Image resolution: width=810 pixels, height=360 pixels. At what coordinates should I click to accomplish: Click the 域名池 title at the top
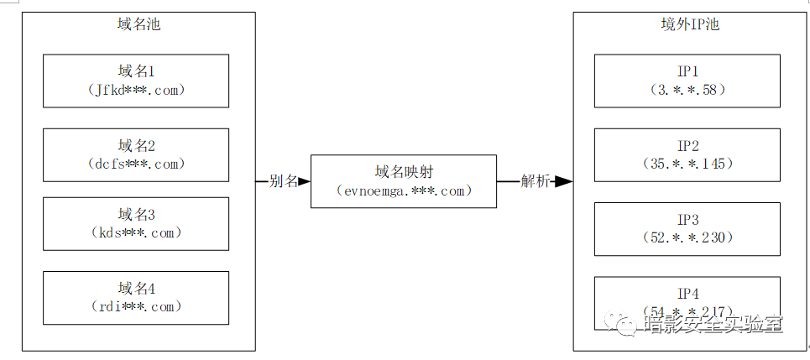point(138,24)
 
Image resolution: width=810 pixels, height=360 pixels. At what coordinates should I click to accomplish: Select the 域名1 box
point(136,81)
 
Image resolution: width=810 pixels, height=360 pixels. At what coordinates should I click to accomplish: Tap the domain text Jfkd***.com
point(136,91)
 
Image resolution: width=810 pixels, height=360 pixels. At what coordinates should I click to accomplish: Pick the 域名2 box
point(136,154)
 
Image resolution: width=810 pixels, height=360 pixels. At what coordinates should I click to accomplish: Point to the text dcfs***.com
point(136,164)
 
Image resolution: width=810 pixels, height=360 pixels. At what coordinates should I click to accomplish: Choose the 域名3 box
point(136,223)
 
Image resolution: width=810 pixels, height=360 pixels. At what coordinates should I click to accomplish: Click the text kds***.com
point(136,232)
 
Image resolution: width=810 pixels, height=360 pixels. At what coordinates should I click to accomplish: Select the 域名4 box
point(136,297)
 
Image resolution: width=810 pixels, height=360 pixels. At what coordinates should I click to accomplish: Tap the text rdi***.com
point(136,307)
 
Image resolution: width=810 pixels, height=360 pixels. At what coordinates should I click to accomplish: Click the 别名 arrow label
point(283,181)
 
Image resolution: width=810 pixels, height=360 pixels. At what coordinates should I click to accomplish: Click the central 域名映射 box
point(403,180)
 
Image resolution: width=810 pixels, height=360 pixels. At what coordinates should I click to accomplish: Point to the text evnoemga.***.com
point(403,191)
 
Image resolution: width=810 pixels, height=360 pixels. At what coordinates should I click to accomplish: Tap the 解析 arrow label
point(535,181)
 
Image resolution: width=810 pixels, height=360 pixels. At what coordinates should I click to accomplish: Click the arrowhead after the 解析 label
point(563,181)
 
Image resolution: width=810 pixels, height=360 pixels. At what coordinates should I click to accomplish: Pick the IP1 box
point(687,81)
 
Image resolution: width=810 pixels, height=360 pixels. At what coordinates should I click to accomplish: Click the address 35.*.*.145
point(687,164)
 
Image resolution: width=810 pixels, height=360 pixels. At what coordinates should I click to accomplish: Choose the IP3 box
point(687,228)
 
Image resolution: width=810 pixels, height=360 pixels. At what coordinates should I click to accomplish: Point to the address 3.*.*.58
point(687,90)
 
